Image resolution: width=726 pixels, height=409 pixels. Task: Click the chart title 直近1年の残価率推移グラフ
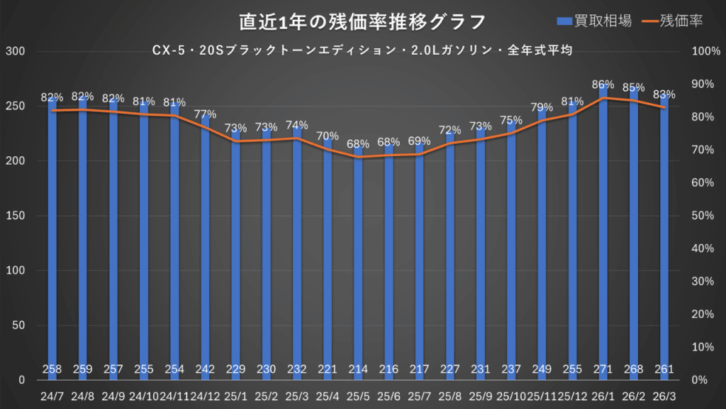[x=362, y=22]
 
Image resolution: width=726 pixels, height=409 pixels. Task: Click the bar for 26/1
[x=603, y=234]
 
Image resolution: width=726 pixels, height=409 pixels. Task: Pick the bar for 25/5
[x=358, y=263]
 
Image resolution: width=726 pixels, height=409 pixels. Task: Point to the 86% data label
[x=603, y=84]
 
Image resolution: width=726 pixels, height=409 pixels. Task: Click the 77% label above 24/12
[x=205, y=114]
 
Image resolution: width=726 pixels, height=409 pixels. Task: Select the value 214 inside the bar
[x=358, y=369]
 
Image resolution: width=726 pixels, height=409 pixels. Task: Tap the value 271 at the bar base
[x=603, y=369]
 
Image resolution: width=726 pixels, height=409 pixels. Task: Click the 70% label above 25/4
[x=328, y=136]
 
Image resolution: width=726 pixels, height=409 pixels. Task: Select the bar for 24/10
[x=144, y=241]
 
